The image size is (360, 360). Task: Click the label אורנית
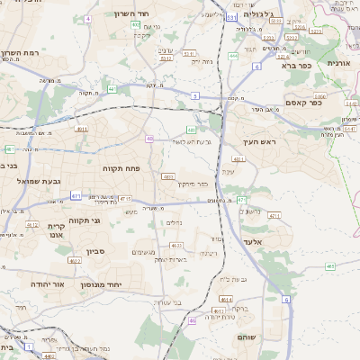point(338,64)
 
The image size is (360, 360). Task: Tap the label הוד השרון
point(130,14)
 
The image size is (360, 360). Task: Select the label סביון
point(96,253)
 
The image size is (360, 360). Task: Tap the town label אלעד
point(253,242)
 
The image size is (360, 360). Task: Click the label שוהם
point(247,336)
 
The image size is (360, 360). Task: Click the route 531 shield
point(232,17)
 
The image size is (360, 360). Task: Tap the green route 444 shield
point(233,56)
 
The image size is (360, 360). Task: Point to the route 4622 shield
point(75,260)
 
